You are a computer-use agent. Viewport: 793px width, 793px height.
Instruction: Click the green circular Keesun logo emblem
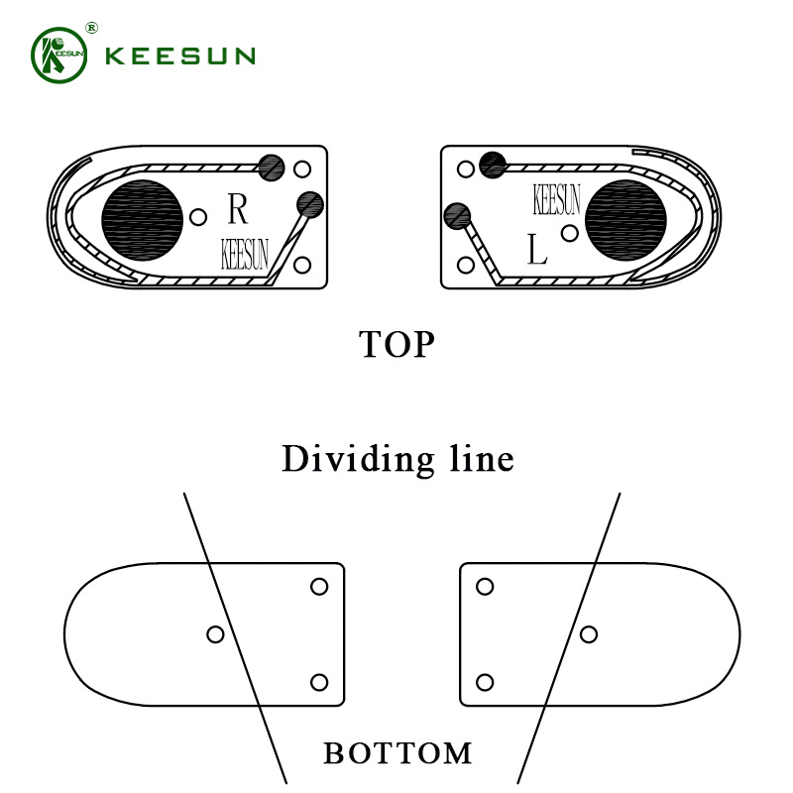(59, 56)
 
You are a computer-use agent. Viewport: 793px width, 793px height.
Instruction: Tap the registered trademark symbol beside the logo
(91, 28)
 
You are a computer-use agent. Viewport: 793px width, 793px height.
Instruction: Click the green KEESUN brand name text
(180, 56)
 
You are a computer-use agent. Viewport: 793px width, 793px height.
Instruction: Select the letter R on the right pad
(238, 208)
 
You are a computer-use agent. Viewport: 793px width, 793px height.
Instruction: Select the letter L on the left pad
(537, 249)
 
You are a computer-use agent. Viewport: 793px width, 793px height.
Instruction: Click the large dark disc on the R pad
(142, 220)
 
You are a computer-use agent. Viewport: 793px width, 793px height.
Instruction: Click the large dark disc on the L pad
(625, 220)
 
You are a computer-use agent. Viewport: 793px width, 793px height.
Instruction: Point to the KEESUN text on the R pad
(245, 254)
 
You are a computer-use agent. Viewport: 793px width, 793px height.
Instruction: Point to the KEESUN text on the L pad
(557, 199)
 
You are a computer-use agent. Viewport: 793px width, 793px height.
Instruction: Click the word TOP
(397, 344)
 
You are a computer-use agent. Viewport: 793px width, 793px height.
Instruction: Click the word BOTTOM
(397, 753)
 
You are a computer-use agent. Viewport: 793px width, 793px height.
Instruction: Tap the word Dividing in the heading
(358, 459)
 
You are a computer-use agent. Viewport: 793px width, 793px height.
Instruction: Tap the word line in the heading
(482, 459)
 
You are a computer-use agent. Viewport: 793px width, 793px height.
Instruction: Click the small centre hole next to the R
(198, 217)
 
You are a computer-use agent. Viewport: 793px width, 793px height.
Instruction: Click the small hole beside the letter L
(570, 233)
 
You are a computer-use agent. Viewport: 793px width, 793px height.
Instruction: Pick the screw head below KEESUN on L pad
(457, 216)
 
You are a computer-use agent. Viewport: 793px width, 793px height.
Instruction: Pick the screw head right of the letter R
(310, 204)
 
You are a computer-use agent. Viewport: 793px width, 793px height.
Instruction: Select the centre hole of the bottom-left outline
(215, 634)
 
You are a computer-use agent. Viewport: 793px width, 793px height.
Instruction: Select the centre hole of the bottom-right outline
(589, 634)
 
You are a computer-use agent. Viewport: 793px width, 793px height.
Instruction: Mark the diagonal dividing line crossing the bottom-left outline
(235, 638)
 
